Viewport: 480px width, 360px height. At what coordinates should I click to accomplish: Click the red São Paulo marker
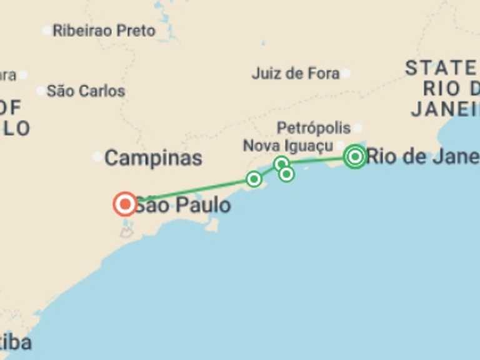tap(125, 204)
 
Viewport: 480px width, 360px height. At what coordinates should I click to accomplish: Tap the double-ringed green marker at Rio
tap(355, 156)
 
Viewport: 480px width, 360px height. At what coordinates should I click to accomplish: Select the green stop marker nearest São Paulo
tap(254, 179)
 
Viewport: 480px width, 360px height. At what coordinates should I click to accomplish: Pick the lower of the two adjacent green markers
tap(286, 174)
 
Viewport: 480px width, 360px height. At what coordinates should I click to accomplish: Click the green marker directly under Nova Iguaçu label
tap(281, 164)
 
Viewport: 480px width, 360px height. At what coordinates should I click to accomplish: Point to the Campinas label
tap(153, 158)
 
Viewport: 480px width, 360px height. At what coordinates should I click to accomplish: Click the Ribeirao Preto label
tap(104, 31)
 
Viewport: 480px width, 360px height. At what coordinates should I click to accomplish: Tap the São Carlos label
tap(86, 91)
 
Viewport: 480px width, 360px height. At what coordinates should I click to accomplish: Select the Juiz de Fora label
tap(295, 73)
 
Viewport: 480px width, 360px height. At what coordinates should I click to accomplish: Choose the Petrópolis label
tap(314, 128)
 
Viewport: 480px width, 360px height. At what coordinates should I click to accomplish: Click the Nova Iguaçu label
tap(288, 146)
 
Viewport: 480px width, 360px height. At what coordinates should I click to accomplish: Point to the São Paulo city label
tap(182, 204)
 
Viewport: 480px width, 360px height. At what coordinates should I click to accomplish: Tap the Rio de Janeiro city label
tap(422, 156)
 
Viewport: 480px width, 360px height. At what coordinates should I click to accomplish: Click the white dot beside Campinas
tap(97, 157)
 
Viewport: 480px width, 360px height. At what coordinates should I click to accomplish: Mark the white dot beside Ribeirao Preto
tap(46, 30)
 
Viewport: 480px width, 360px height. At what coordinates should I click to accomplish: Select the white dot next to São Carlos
tap(41, 91)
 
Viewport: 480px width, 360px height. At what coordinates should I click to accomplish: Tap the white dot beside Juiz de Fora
tap(346, 73)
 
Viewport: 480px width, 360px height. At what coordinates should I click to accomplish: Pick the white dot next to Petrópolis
tap(357, 128)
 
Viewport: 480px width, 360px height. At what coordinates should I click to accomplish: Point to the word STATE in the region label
tap(441, 68)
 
